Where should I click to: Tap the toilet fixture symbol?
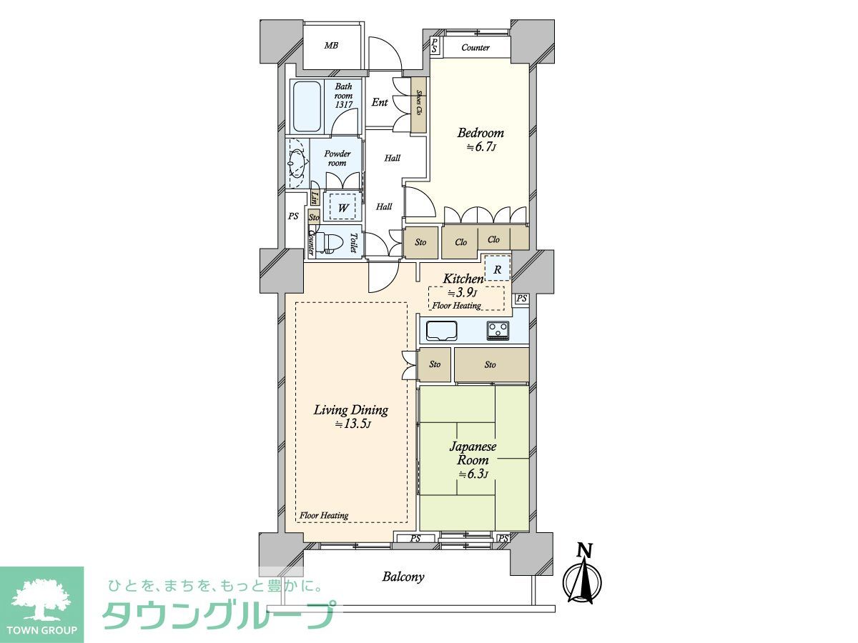coord(327,243)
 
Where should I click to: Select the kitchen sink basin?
coord(442,331)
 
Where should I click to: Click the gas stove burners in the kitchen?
coord(498,330)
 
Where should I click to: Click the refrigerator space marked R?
coord(498,269)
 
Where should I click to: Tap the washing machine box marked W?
coord(342,207)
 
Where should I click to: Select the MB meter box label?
coord(331,46)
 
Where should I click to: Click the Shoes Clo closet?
coord(418,105)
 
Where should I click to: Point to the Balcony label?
coord(403,577)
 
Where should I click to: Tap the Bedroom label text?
coord(480,133)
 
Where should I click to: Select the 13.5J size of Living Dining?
coord(352,424)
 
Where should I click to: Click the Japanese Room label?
coord(473,453)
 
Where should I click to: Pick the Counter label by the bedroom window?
coord(475,48)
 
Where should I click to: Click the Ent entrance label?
coord(380,102)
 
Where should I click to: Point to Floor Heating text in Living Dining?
coord(324,515)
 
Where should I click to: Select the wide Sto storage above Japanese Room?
coord(492,364)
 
